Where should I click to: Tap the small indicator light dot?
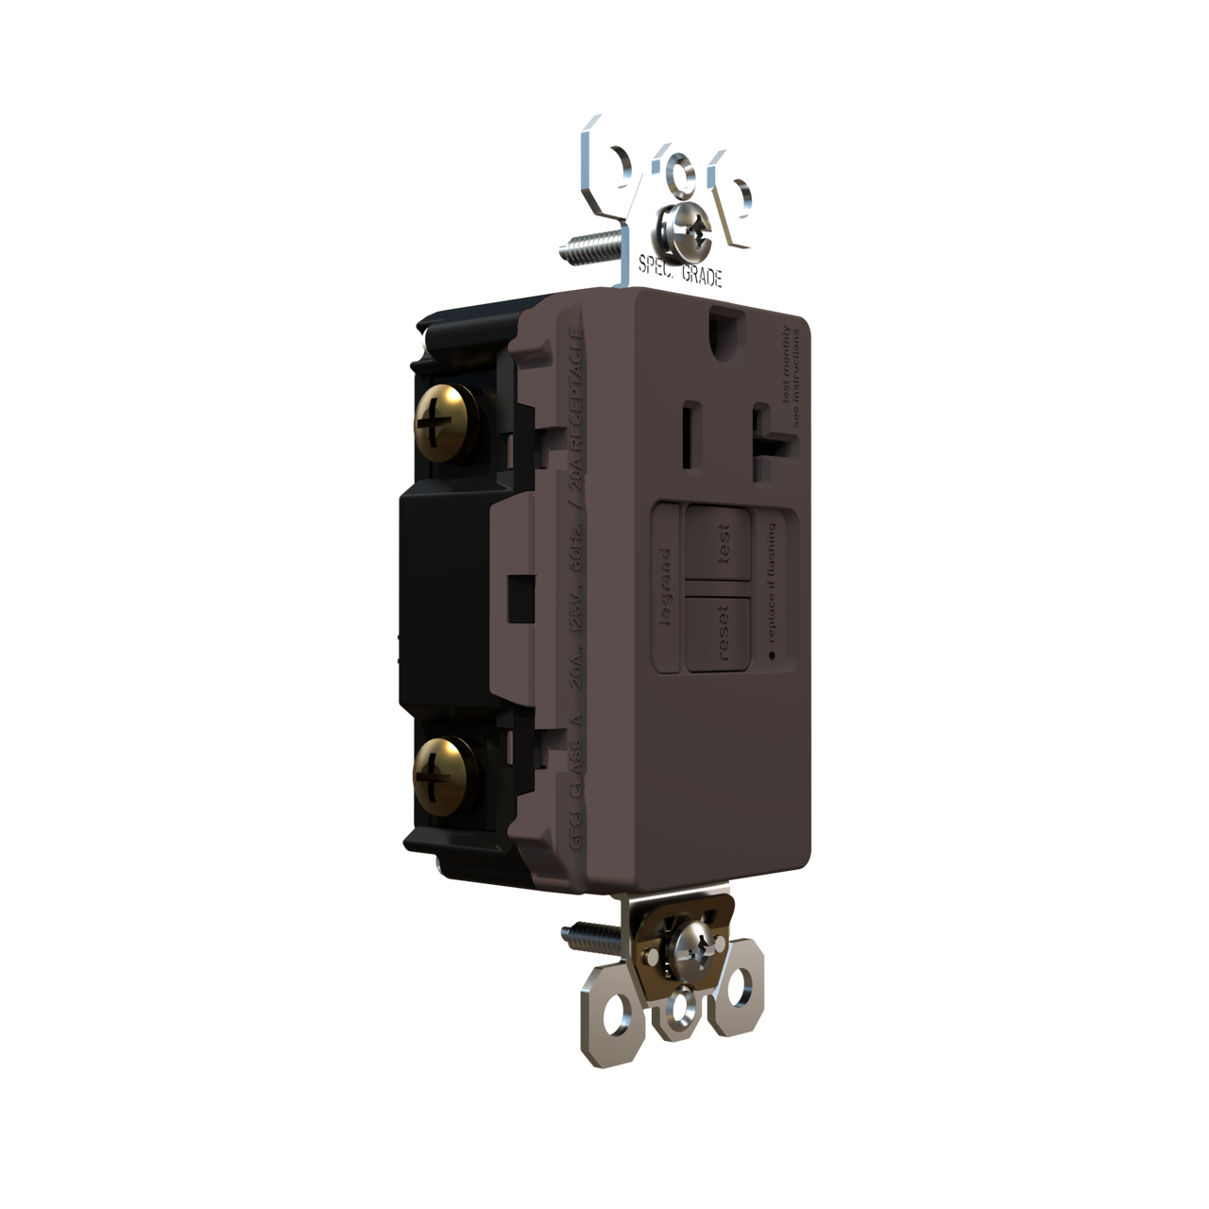coord(771,655)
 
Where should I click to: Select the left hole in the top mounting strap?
coord(622,157)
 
